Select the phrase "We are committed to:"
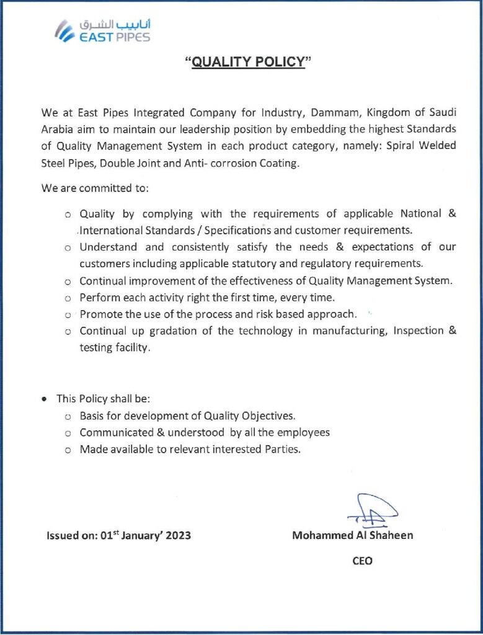tap(95, 187)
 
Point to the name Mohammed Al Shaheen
tap(352, 535)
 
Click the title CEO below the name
tap(362, 561)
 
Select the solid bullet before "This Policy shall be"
tap(44, 399)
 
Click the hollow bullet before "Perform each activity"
tap(68, 298)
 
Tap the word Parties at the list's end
tap(283, 450)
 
